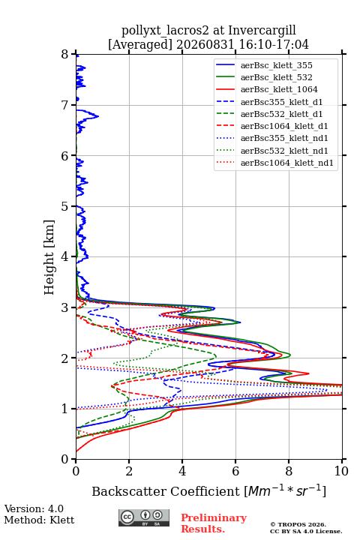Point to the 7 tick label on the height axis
(65, 105)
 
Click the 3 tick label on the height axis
(65, 307)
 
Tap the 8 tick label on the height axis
(65, 55)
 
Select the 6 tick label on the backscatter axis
(235, 471)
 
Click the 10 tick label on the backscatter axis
(341, 471)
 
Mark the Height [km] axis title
(49, 257)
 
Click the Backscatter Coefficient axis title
(208, 491)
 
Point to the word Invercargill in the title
(262, 31)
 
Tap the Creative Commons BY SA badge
(144, 517)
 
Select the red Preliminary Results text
(214, 523)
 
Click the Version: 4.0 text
(34, 508)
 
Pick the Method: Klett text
(39, 520)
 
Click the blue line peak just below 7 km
(98, 116)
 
